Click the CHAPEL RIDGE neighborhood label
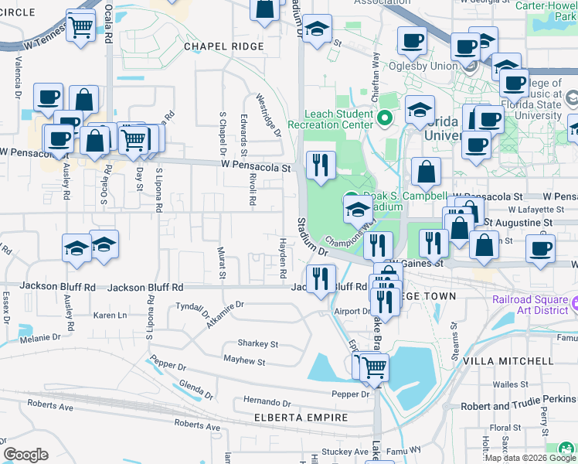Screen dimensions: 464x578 pyautogui.click(x=224, y=46)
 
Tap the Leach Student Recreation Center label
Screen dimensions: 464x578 pyautogui.click(x=330, y=119)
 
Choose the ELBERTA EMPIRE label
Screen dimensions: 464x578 pyautogui.click(x=301, y=418)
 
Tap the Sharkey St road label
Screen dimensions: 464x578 pyautogui.click(x=258, y=343)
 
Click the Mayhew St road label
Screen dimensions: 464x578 pyautogui.click(x=243, y=361)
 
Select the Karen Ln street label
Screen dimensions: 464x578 pyautogui.click(x=110, y=316)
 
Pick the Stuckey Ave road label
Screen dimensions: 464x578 pyautogui.click(x=345, y=452)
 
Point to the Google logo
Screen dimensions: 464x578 pyautogui.click(x=25, y=455)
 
